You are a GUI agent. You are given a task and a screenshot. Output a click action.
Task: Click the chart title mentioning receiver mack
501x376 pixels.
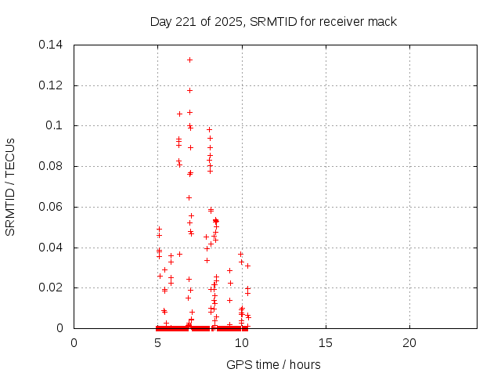pyautogui.click(x=273, y=21)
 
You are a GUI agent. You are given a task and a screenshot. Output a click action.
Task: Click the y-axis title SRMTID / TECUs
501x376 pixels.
pyautogui.click(x=10, y=186)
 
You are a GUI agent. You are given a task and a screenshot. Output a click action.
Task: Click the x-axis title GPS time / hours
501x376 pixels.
pyautogui.click(x=273, y=364)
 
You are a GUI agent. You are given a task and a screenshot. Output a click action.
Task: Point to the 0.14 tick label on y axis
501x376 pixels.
pyautogui.click(x=52, y=45)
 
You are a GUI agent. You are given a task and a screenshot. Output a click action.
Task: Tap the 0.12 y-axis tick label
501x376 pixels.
pyautogui.click(x=52, y=85)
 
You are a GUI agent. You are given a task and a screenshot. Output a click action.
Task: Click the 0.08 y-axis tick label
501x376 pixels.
pyautogui.click(x=52, y=167)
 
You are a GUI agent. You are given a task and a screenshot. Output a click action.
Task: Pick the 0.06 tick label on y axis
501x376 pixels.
pyautogui.click(x=52, y=208)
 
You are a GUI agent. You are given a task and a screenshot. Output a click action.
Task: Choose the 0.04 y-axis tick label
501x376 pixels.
pyautogui.click(x=52, y=248)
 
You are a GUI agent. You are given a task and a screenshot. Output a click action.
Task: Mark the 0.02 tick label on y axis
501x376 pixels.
pyautogui.click(x=52, y=288)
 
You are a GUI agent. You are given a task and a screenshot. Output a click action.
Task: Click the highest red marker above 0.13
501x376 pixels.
pyautogui.click(x=189, y=60)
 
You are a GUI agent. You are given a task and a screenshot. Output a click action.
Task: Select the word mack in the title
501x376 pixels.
pyautogui.click(x=382, y=21)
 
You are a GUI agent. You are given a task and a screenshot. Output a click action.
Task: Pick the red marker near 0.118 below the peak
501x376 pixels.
pyautogui.click(x=189, y=90)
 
